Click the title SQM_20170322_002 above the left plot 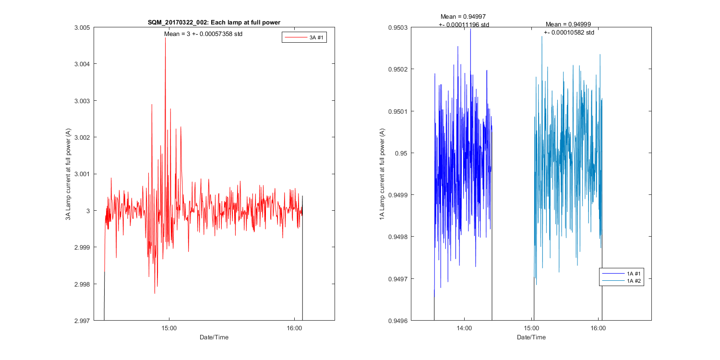(x=214, y=23)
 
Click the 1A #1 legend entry (x=635, y=274)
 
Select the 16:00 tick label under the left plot (x=294, y=328)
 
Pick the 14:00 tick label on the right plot (x=464, y=328)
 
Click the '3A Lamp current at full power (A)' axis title (x=69, y=174)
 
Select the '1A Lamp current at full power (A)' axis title (x=382, y=174)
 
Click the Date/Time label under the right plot (x=531, y=337)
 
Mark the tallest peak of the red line (x=166, y=37)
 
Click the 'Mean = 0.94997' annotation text (x=464, y=16)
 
